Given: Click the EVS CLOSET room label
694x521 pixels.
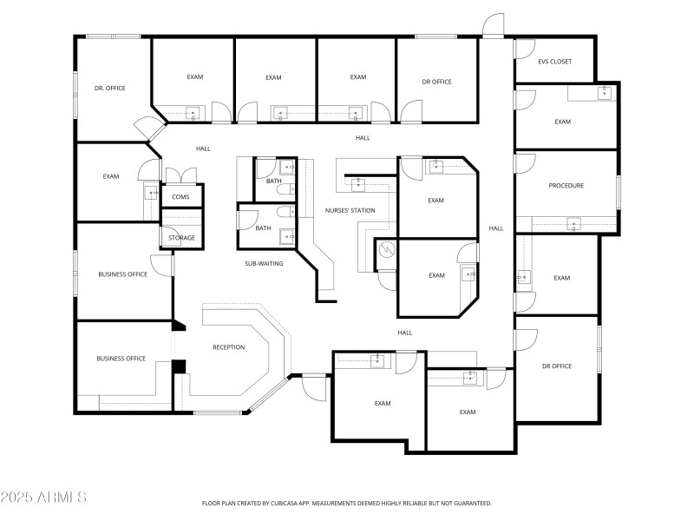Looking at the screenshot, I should click(555, 62).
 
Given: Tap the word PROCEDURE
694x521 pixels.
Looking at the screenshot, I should click(566, 186).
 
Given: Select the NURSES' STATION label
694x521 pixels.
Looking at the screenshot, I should click(350, 210).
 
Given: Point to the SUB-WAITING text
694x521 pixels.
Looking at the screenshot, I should click(264, 263).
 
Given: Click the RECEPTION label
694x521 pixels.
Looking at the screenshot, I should click(229, 347).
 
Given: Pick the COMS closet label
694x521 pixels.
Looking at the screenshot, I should click(180, 197).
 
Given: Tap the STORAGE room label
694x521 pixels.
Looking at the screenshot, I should click(181, 238).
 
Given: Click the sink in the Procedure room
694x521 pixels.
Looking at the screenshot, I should click(573, 225).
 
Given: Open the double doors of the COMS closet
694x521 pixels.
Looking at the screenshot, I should click(180, 175).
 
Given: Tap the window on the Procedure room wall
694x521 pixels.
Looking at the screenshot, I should click(619, 192).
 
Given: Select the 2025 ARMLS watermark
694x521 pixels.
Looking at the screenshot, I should click(43, 498).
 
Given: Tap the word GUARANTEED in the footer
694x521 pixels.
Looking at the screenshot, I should click(469, 504).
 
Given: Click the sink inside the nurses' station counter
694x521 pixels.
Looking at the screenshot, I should click(357, 182).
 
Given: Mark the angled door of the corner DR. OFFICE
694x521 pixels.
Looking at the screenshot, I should click(152, 129).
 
